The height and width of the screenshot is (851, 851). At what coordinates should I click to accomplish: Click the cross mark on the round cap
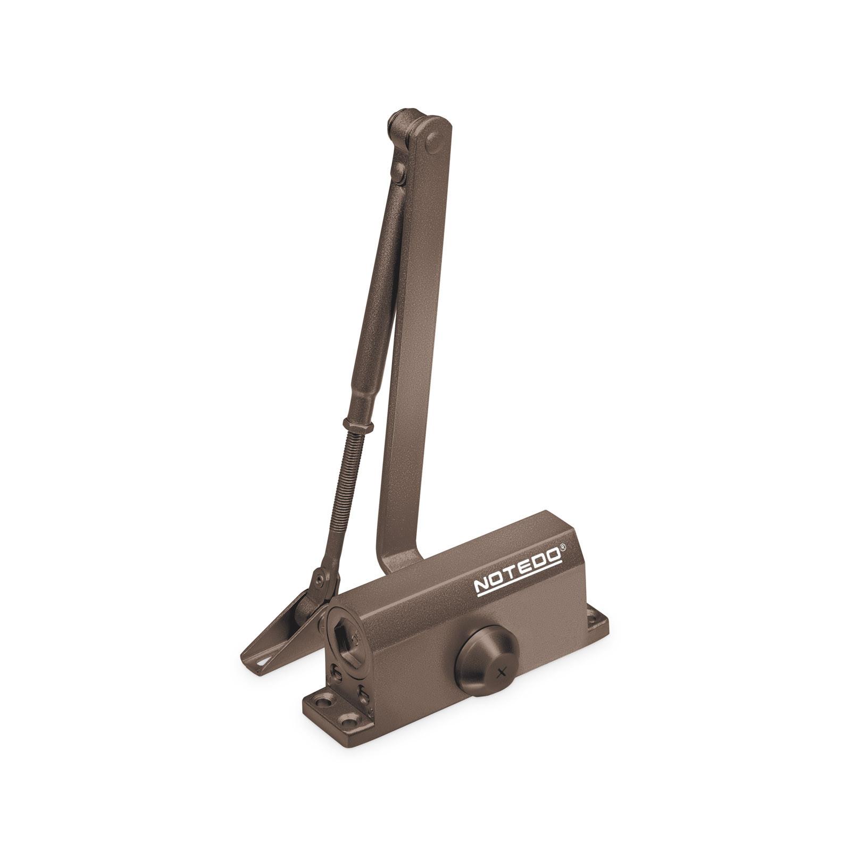499,673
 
